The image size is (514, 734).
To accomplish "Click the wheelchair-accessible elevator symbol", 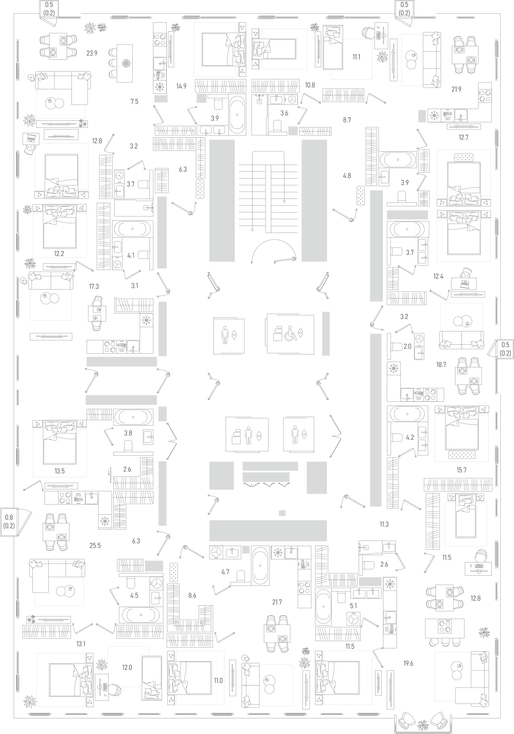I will [x=290, y=333].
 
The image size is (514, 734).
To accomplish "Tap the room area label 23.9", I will [x=92, y=54].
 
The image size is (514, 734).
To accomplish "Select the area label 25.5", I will [x=95, y=545].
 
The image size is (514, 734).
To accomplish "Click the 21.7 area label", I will [x=277, y=602].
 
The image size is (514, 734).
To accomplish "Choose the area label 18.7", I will [x=441, y=365].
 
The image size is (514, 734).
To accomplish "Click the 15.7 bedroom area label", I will [x=461, y=470].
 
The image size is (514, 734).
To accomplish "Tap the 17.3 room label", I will [x=94, y=286].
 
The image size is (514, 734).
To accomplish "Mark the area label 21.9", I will [x=456, y=89].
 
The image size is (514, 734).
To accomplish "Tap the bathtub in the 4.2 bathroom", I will [x=406, y=413].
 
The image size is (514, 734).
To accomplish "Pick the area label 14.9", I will [x=181, y=86].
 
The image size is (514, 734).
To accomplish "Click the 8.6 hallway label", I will [x=192, y=596].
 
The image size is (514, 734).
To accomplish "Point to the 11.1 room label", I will [x=356, y=57].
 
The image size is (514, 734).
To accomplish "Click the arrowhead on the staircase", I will [x=284, y=202].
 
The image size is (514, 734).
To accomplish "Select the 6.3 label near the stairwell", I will [x=183, y=169].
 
